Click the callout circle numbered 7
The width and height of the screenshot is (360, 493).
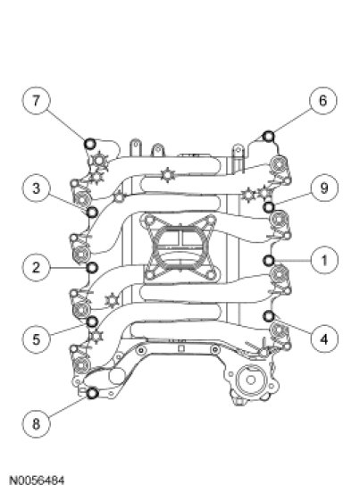36,101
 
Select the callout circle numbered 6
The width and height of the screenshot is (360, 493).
322,100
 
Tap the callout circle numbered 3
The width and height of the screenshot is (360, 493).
36,188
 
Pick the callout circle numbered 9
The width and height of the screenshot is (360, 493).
324,188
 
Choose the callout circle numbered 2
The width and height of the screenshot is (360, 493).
36,268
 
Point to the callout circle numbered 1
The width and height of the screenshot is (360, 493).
324,260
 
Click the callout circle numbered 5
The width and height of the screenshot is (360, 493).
36,339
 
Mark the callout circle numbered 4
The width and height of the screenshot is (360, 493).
324,339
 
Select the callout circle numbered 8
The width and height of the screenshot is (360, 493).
36,424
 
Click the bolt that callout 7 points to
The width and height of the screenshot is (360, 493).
90,144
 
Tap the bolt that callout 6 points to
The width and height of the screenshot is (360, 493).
269,137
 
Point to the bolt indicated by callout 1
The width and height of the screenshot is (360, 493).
269,260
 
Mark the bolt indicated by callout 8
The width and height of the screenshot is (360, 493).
92,393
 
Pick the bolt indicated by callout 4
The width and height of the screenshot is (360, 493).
269,316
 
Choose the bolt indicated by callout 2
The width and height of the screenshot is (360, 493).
92,268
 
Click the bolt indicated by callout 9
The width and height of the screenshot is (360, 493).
269,207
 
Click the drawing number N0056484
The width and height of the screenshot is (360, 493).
38,480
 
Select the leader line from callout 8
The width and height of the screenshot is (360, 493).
68,407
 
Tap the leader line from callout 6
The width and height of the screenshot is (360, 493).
292,121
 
